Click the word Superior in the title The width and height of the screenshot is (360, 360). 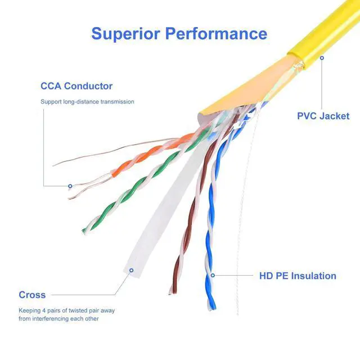pyautogui.click(x=125, y=33)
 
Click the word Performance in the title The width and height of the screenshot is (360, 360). pyautogui.click(x=217, y=33)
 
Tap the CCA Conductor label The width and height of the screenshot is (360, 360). pyautogui.click(x=76, y=86)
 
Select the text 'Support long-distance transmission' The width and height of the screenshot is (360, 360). pyautogui.click(x=87, y=102)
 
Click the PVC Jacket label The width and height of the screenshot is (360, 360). pyautogui.click(x=323, y=116)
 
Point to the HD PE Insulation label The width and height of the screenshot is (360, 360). pyautogui.click(x=298, y=276)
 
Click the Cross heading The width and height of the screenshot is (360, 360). pyautogui.click(x=32, y=295)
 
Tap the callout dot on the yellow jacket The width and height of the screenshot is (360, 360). pyautogui.click(x=322, y=57)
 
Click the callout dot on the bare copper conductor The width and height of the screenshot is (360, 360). pyautogui.click(x=70, y=186)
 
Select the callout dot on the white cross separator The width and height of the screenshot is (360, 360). pyautogui.click(x=131, y=270)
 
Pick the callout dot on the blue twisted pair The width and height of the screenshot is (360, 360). pyautogui.click(x=212, y=275)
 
